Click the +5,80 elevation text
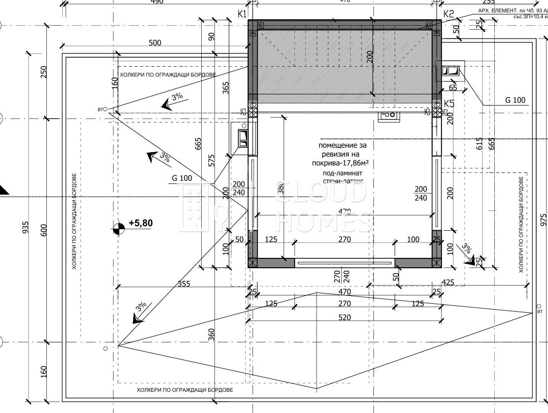coord(141,223)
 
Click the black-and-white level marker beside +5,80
coord(118,228)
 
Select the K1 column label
coord(242,14)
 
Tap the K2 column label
coord(448,14)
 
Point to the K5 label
coord(449,103)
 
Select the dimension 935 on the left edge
coord(26,227)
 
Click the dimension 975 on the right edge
coord(543,219)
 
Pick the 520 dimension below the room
coord(345,318)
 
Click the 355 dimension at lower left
coord(183,284)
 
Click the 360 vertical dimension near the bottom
coord(212,334)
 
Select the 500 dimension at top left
coord(155,43)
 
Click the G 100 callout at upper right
coord(515,100)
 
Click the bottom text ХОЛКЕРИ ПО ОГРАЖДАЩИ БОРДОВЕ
coord(185,390)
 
